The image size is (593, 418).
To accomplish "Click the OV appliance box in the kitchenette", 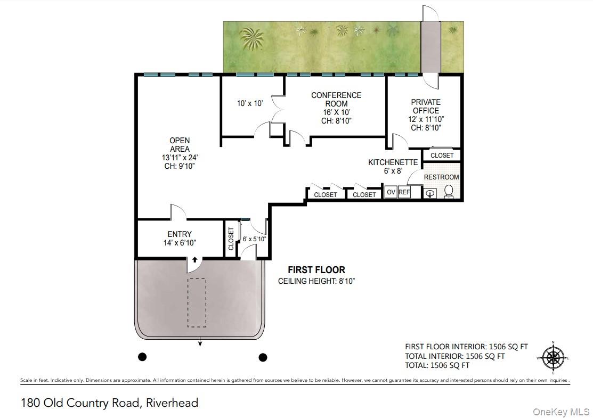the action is tap(391, 192).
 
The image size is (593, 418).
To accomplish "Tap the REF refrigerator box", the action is tap(404, 192).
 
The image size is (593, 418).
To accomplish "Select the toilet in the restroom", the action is tap(449, 192).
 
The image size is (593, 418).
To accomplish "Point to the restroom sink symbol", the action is tap(430, 194).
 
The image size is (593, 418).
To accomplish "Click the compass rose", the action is tap(553, 357).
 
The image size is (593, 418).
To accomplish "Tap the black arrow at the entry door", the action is tap(195, 260).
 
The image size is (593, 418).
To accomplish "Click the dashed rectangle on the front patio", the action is tap(197, 303).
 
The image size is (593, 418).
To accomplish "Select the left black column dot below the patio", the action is tap(142, 357).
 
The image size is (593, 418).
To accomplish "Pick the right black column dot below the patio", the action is tap(263, 357).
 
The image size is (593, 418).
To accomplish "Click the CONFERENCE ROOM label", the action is tap(336, 100).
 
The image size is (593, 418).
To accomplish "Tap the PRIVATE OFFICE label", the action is tap(426, 106).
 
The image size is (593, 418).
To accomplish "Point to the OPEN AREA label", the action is tap(180, 145).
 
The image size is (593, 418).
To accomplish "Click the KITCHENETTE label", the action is tap(393, 162).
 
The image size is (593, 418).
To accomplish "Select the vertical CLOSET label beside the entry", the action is tap(231, 239).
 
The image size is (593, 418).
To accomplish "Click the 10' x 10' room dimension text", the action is tap(249, 103).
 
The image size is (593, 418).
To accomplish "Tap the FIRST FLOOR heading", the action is tap(316, 270).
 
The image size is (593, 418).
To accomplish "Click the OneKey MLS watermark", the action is tap(561, 412).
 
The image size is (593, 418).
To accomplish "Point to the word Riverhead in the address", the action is tap(172, 403).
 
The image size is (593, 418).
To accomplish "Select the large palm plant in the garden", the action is tap(252, 39).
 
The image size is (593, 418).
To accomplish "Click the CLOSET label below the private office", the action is tap(442, 155).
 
